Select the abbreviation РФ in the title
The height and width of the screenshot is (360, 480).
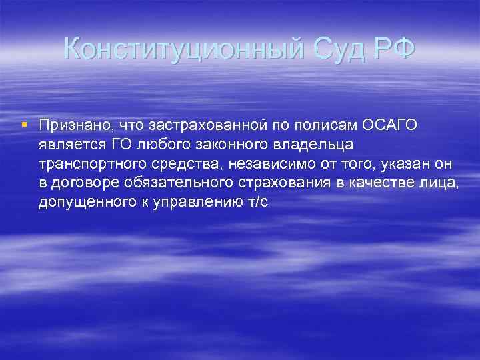click(392, 49)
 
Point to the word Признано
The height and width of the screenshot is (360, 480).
click(69, 125)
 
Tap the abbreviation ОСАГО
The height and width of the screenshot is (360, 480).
click(392, 125)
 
